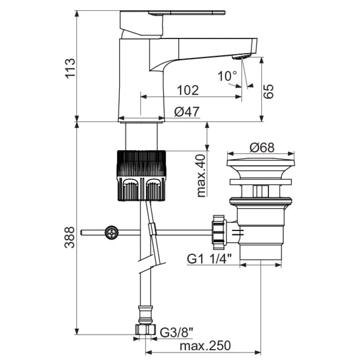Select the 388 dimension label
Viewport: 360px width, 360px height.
(69, 238)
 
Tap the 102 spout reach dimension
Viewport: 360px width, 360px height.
(188, 90)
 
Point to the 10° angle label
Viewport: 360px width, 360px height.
(227, 76)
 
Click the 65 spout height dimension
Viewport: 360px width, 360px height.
(268, 92)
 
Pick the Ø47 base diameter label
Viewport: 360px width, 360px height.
(187, 112)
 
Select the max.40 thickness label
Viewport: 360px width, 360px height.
(202, 176)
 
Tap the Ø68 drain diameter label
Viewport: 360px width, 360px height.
(262, 148)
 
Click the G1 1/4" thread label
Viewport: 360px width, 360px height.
(209, 259)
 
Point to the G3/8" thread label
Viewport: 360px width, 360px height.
(176, 333)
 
